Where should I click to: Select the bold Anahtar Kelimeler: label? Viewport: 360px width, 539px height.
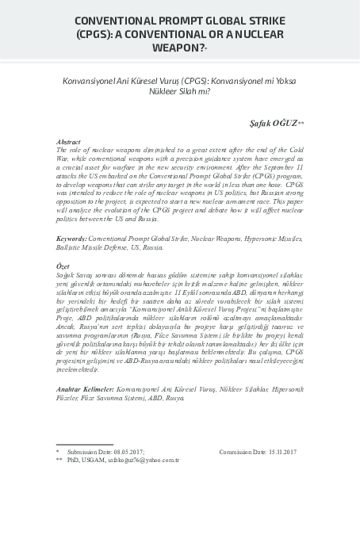pyautogui.click(x=85, y=391)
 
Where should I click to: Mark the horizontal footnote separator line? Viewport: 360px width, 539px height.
pyautogui.click(x=84, y=444)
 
